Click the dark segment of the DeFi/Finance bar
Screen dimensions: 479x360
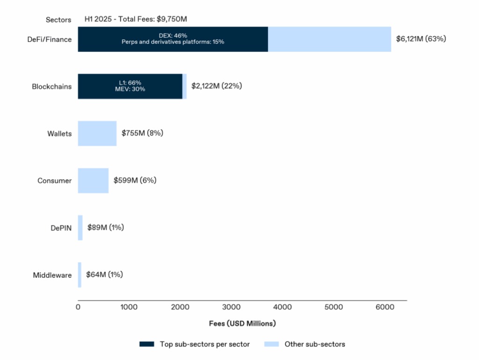173,39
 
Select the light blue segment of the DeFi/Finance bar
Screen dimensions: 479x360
330,39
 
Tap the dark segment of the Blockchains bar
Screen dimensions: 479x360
130,86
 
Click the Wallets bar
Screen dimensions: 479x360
97,133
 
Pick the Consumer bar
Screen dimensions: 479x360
93,180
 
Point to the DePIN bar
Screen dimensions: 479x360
80,228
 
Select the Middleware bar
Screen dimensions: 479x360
80,275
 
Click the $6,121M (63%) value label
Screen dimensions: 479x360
421,39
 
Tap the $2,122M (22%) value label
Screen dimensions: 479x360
217,86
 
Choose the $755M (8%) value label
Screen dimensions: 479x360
142,133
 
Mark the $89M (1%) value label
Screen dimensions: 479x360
106,228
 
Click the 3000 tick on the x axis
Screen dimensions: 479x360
231,307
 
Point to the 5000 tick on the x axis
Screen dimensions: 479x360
334,307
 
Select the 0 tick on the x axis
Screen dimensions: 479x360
78,307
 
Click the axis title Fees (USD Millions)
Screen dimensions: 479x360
242,324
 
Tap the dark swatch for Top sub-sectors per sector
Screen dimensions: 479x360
146,344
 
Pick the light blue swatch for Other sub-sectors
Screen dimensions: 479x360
272,344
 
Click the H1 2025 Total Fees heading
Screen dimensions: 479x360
136,19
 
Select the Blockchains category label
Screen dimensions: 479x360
51,86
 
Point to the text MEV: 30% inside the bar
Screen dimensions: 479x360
130,89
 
